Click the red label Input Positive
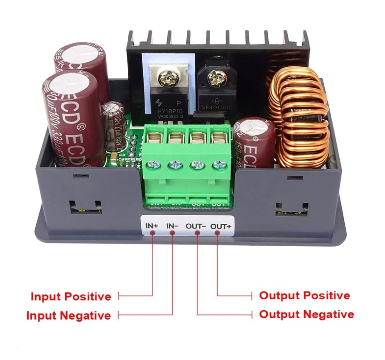(71, 297)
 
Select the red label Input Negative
(68, 315)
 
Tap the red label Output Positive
(304, 295)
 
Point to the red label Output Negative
(307, 314)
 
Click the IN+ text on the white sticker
(152, 226)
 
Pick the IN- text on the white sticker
(173, 226)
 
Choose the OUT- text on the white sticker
(196, 226)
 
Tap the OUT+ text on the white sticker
(221, 226)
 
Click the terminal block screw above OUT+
(218, 165)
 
